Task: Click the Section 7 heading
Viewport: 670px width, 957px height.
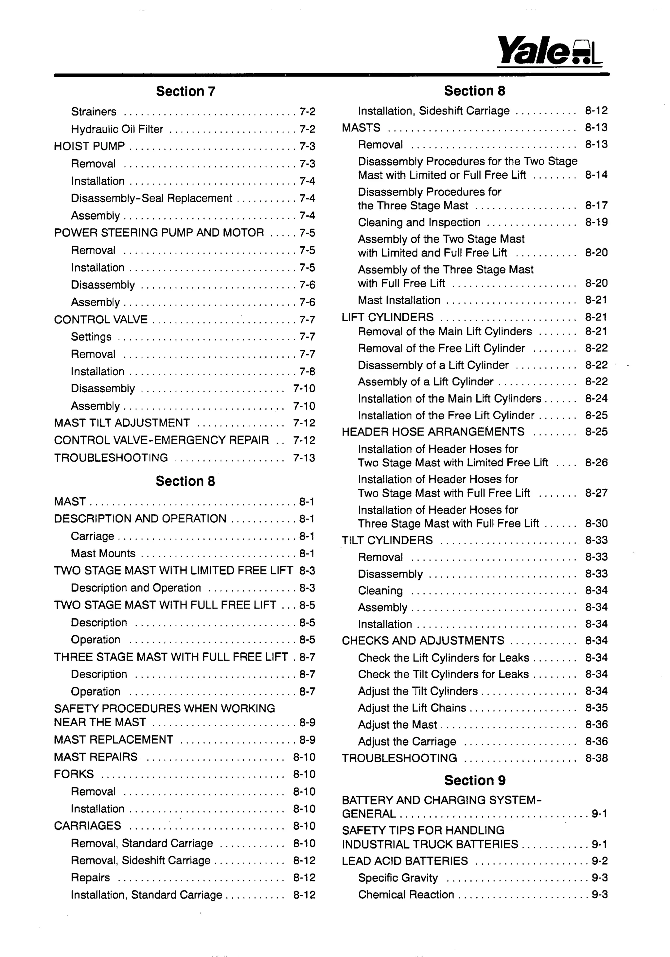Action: [185, 91]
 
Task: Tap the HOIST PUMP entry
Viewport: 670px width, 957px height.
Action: [89, 146]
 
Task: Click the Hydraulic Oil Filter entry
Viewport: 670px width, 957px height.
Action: [117, 129]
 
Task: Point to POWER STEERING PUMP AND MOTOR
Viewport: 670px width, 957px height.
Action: [159, 233]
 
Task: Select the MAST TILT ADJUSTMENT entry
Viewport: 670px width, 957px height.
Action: [122, 423]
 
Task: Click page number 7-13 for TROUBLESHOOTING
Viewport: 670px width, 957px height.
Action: [304, 458]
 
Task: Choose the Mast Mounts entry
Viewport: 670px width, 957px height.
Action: [103, 553]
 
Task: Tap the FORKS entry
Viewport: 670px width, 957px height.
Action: [74, 774]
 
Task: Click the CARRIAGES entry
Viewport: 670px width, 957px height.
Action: [87, 826]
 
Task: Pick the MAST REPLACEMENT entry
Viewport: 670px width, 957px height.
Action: [113, 739]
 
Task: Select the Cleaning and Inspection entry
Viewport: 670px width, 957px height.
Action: [419, 222]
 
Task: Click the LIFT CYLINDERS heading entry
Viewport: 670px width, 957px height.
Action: [387, 317]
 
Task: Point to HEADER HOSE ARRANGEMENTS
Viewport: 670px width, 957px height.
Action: [432, 432]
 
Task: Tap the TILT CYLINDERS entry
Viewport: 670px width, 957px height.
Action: [387, 540]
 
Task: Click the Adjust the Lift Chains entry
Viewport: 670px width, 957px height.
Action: [412, 708]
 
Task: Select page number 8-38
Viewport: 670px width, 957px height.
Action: [596, 758]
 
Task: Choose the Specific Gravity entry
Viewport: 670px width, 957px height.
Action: [397, 878]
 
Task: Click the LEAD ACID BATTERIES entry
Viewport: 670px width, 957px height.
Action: [405, 861]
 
